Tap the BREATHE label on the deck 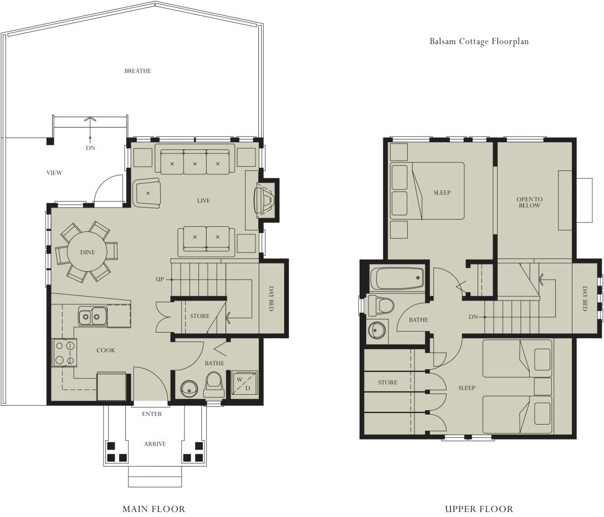(x=137, y=71)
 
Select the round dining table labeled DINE (x=87, y=252)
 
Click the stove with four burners (x=64, y=353)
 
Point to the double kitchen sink (x=92, y=317)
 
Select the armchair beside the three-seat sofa (x=147, y=193)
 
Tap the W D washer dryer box (x=243, y=383)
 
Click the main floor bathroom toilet (x=214, y=382)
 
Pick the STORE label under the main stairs (x=199, y=316)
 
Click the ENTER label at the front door (x=152, y=414)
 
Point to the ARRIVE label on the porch (x=155, y=444)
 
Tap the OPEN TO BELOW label (x=529, y=202)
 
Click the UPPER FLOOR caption (x=479, y=509)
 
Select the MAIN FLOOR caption (x=153, y=509)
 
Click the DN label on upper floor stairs (x=473, y=317)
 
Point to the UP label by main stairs (x=160, y=279)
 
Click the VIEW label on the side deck (x=54, y=173)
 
